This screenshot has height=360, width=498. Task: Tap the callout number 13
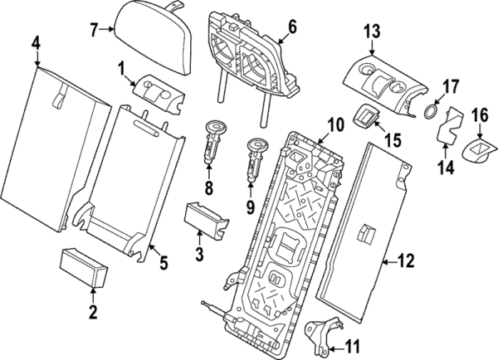[x=371, y=32]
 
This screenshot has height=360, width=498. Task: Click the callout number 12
[x=406, y=263]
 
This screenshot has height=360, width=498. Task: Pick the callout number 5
[x=164, y=264]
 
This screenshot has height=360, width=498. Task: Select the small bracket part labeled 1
[x=156, y=90]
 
